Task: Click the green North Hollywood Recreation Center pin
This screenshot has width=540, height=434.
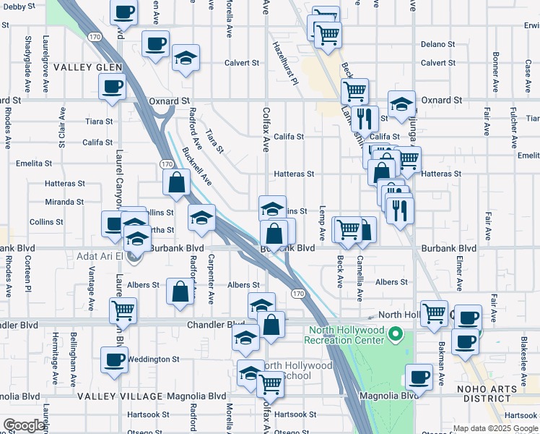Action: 395,334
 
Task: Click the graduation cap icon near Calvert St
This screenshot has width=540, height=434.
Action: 186,57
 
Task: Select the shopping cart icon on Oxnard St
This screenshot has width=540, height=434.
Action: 354,91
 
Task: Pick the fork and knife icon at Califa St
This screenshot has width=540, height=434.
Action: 365,117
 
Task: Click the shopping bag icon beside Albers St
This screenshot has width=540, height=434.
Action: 180,291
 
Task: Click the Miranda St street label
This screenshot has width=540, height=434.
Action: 65,202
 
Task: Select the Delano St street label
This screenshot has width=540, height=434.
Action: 437,44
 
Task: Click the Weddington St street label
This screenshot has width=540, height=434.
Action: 154,359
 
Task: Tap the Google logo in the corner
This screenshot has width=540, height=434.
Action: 24,425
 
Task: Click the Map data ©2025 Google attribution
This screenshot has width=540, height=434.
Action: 495,428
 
